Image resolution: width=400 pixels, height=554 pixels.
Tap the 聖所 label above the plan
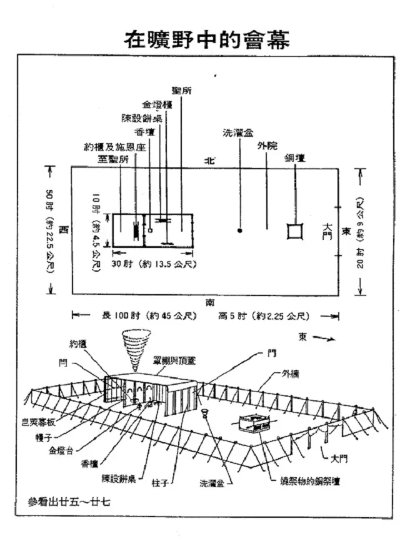tap(181, 91)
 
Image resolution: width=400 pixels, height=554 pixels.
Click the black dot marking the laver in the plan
tap(240, 230)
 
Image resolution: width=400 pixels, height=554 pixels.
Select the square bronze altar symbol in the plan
tap(293, 230)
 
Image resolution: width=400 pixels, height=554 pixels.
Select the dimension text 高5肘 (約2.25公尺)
tap(263, 315)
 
